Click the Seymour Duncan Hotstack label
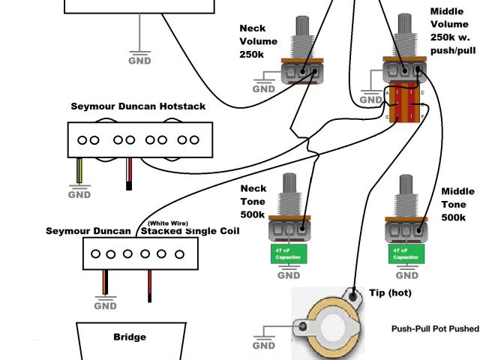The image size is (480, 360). coord(138,106)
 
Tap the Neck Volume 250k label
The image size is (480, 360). coord(258,41)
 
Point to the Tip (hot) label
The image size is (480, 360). coord(391,292)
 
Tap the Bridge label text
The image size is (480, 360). coord(129,337)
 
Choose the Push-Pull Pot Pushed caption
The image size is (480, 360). coord(431,328)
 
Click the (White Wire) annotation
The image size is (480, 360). coord(168,223)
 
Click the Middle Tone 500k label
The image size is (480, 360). coord(457,205)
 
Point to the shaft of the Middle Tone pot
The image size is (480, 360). coord(405,191)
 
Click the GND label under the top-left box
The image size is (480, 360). coord(139,60)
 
